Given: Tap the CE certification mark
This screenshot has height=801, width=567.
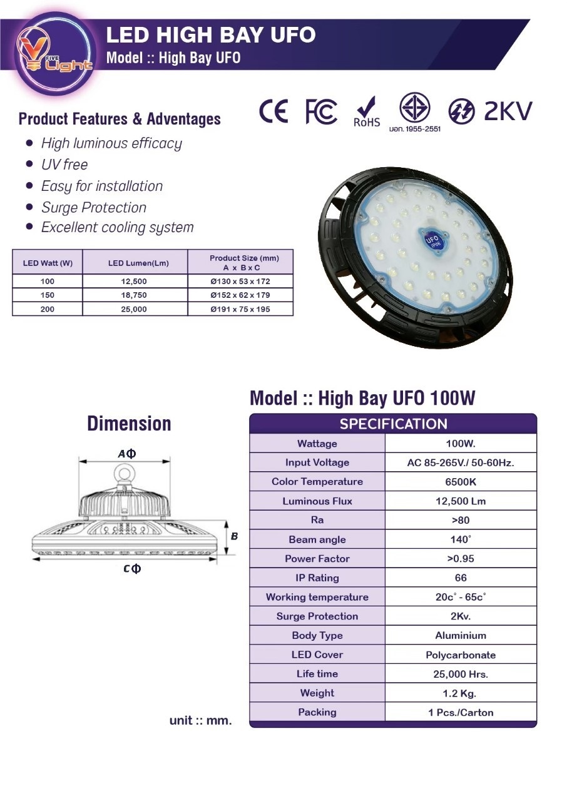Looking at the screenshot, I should (x=273, y=112).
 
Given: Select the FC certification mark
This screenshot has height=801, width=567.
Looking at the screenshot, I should (x=321, y=112).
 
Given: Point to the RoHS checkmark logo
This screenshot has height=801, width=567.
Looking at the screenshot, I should (x=367, y=111).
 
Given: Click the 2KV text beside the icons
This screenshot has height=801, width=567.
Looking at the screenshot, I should (x=508, y=111).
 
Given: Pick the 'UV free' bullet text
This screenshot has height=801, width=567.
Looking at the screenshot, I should (x=64, y=165).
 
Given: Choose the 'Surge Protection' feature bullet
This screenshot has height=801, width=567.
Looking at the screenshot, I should (x=94, y=207).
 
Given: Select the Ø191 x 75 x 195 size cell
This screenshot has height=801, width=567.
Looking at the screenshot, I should (x=240, y=309).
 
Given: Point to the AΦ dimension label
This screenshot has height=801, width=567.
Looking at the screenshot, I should (x=126, y=454).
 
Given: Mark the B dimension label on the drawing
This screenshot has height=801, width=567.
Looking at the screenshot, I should (x=235, y=536).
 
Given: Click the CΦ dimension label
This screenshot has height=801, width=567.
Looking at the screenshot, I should (x=132, y=568).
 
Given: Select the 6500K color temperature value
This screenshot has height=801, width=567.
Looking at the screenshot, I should (x=461, y=482).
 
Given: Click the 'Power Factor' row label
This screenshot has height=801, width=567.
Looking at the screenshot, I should (x=317, y=559).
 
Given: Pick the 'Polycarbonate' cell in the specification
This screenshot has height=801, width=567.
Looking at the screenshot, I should (x=461, y=655).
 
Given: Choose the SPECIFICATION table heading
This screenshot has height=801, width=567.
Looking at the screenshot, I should (x=393, y=424).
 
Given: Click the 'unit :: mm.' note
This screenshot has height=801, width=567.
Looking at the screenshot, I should (x=200, y=720).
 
